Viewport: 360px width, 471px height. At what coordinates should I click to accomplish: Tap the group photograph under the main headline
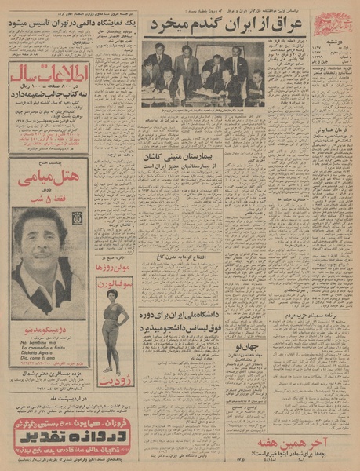(203, 74)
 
